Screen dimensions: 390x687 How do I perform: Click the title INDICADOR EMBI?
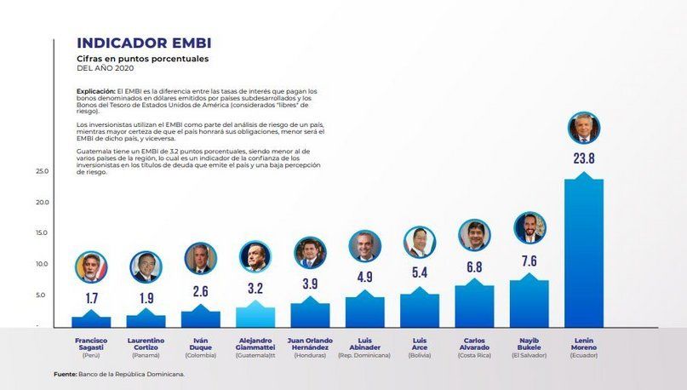144,43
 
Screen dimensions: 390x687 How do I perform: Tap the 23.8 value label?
583,158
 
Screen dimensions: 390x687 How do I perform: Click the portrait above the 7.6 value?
529,228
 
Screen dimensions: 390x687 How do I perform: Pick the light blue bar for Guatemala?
255,316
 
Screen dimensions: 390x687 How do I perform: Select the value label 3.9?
310,284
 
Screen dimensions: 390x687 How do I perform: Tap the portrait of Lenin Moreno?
583,129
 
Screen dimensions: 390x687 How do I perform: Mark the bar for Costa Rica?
474,306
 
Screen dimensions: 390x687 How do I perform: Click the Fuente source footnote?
119,373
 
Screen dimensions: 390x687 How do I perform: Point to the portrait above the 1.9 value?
146,267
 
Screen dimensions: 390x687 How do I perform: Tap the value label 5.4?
420,272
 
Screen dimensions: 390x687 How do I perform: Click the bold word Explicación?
94,91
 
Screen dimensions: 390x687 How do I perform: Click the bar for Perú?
91,321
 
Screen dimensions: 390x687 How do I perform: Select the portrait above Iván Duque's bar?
201,258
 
